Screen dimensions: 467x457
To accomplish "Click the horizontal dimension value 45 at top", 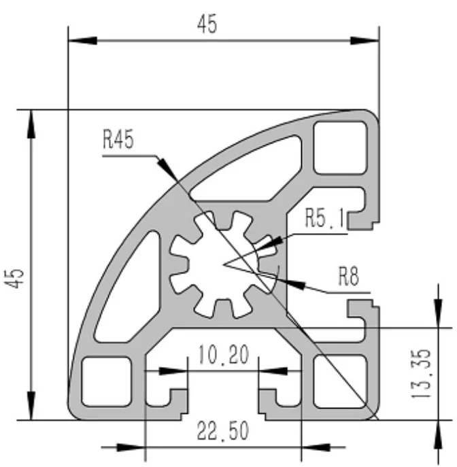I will pos(207,25).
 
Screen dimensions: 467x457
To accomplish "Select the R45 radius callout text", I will pos(118,140).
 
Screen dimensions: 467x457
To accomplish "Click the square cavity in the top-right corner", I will pos(335,145).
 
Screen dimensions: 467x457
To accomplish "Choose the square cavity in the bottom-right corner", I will pos(335,381).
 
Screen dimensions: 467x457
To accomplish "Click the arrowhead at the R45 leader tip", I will pos(165,165).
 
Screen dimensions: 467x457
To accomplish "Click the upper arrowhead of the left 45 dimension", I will pos(30,119).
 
